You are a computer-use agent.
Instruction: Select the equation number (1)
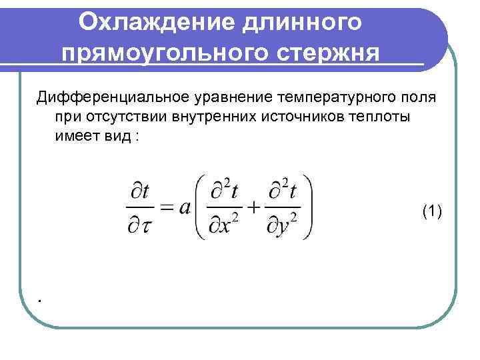[432, 211]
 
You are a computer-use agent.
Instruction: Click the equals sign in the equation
[167, 207]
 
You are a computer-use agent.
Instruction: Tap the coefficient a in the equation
[185, 207]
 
